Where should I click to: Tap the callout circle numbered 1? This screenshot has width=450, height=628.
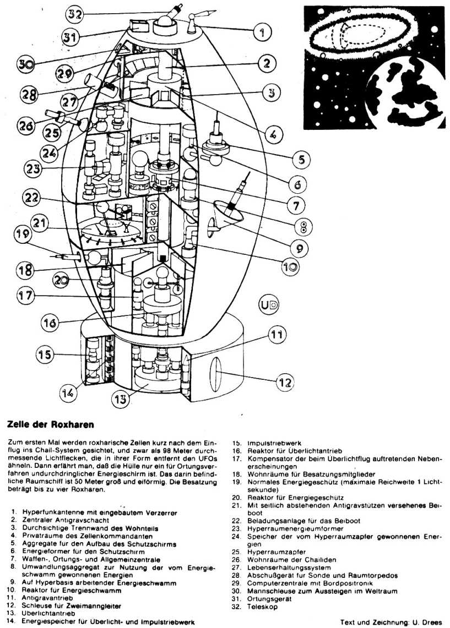coord(262,31)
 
